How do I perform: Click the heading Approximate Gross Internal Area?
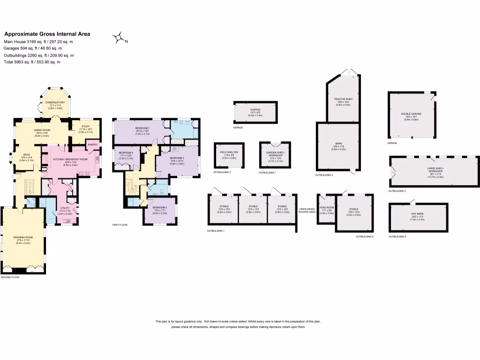coord(47,34)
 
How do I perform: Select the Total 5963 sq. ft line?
coord(32,62)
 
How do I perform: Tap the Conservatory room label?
coord(55,103)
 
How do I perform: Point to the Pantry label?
coord(93,145)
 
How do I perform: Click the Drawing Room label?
coord(23,237)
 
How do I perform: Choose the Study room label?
coord(85,126)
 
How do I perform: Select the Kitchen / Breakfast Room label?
coord(70,160)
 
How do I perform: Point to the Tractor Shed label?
coord(343,99)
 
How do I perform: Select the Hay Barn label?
coord(418,213)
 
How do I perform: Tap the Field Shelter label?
coord(229,152)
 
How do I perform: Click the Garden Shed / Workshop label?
coord(275,154)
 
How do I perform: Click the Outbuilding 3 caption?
coord(397,191)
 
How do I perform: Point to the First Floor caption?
coord(120,225)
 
